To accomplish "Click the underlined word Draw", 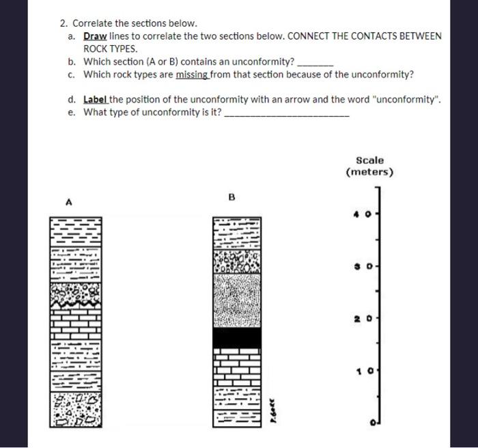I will tap(95, 36).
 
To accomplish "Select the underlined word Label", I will tap(96, 99).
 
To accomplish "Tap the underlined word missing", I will tap(192, 74).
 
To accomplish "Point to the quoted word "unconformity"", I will tap(408, 99).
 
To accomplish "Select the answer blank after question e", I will tap(286, 113).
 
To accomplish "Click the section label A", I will tap(68, 202).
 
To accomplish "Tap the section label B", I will tap(231, 198).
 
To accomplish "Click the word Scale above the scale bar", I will tap(369, 160).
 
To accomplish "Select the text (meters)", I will tap(369, 172).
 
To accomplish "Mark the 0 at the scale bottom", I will tap(374, 424).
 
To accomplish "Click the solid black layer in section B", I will tap(236, 338).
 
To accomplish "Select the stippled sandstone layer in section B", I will tap(236, 300).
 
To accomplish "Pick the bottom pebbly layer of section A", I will tap(75, 409).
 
